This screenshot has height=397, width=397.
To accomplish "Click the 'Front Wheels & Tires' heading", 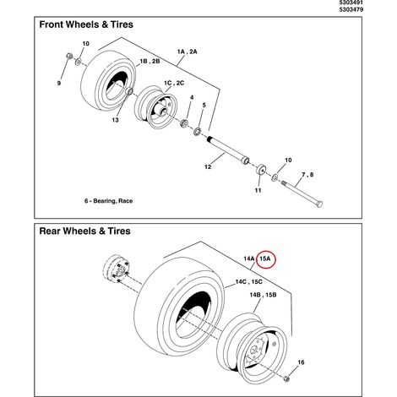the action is pyautogui.click(x=86, y=24).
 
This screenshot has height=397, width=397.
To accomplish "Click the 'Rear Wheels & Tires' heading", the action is pyautogui.click(x=84, y=231).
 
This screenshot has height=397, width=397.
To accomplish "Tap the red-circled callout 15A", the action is pyautogui.click(x=265, y=258).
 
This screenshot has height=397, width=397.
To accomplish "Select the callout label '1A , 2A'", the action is pyautogui.click(x=187, y=52).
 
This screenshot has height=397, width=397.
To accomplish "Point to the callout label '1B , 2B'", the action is pyautogui.click(x=150, y=62).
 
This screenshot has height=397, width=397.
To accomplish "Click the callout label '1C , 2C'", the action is pyautogui.click(x=174, y=83).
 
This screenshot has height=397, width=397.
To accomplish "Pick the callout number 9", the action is pyautogui.click(x=59, y=84).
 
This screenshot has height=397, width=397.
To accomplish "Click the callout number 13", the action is pyautogui.click(x=115, y=120).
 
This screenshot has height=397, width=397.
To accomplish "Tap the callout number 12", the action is pyautogui.click(x=208, y=167).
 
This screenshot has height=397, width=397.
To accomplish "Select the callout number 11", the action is pyautogui.click(x=258, y=191).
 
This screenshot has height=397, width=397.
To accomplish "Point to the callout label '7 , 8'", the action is pyautogui.click(x=307, y=175).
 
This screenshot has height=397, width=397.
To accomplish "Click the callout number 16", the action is pyautogui.click(x=301, y=362).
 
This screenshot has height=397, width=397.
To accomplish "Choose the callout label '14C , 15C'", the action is pyautogui.click(x=249, y=282).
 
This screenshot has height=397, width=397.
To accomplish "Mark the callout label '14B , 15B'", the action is pyautogui.click(x=263, y=295).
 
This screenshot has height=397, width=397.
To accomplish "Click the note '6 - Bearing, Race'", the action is pyautogui.click(x=108, y=201).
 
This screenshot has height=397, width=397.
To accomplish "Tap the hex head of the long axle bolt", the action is pyautogui.click(x=319, y=204).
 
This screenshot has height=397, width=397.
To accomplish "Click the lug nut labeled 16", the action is pyautogui.click(x=286, y=378).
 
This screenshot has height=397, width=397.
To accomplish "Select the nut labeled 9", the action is pyautogui.click(x=69, y=56).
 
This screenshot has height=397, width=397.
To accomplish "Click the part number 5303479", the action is pyautogui.click(x=351, y=9).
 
